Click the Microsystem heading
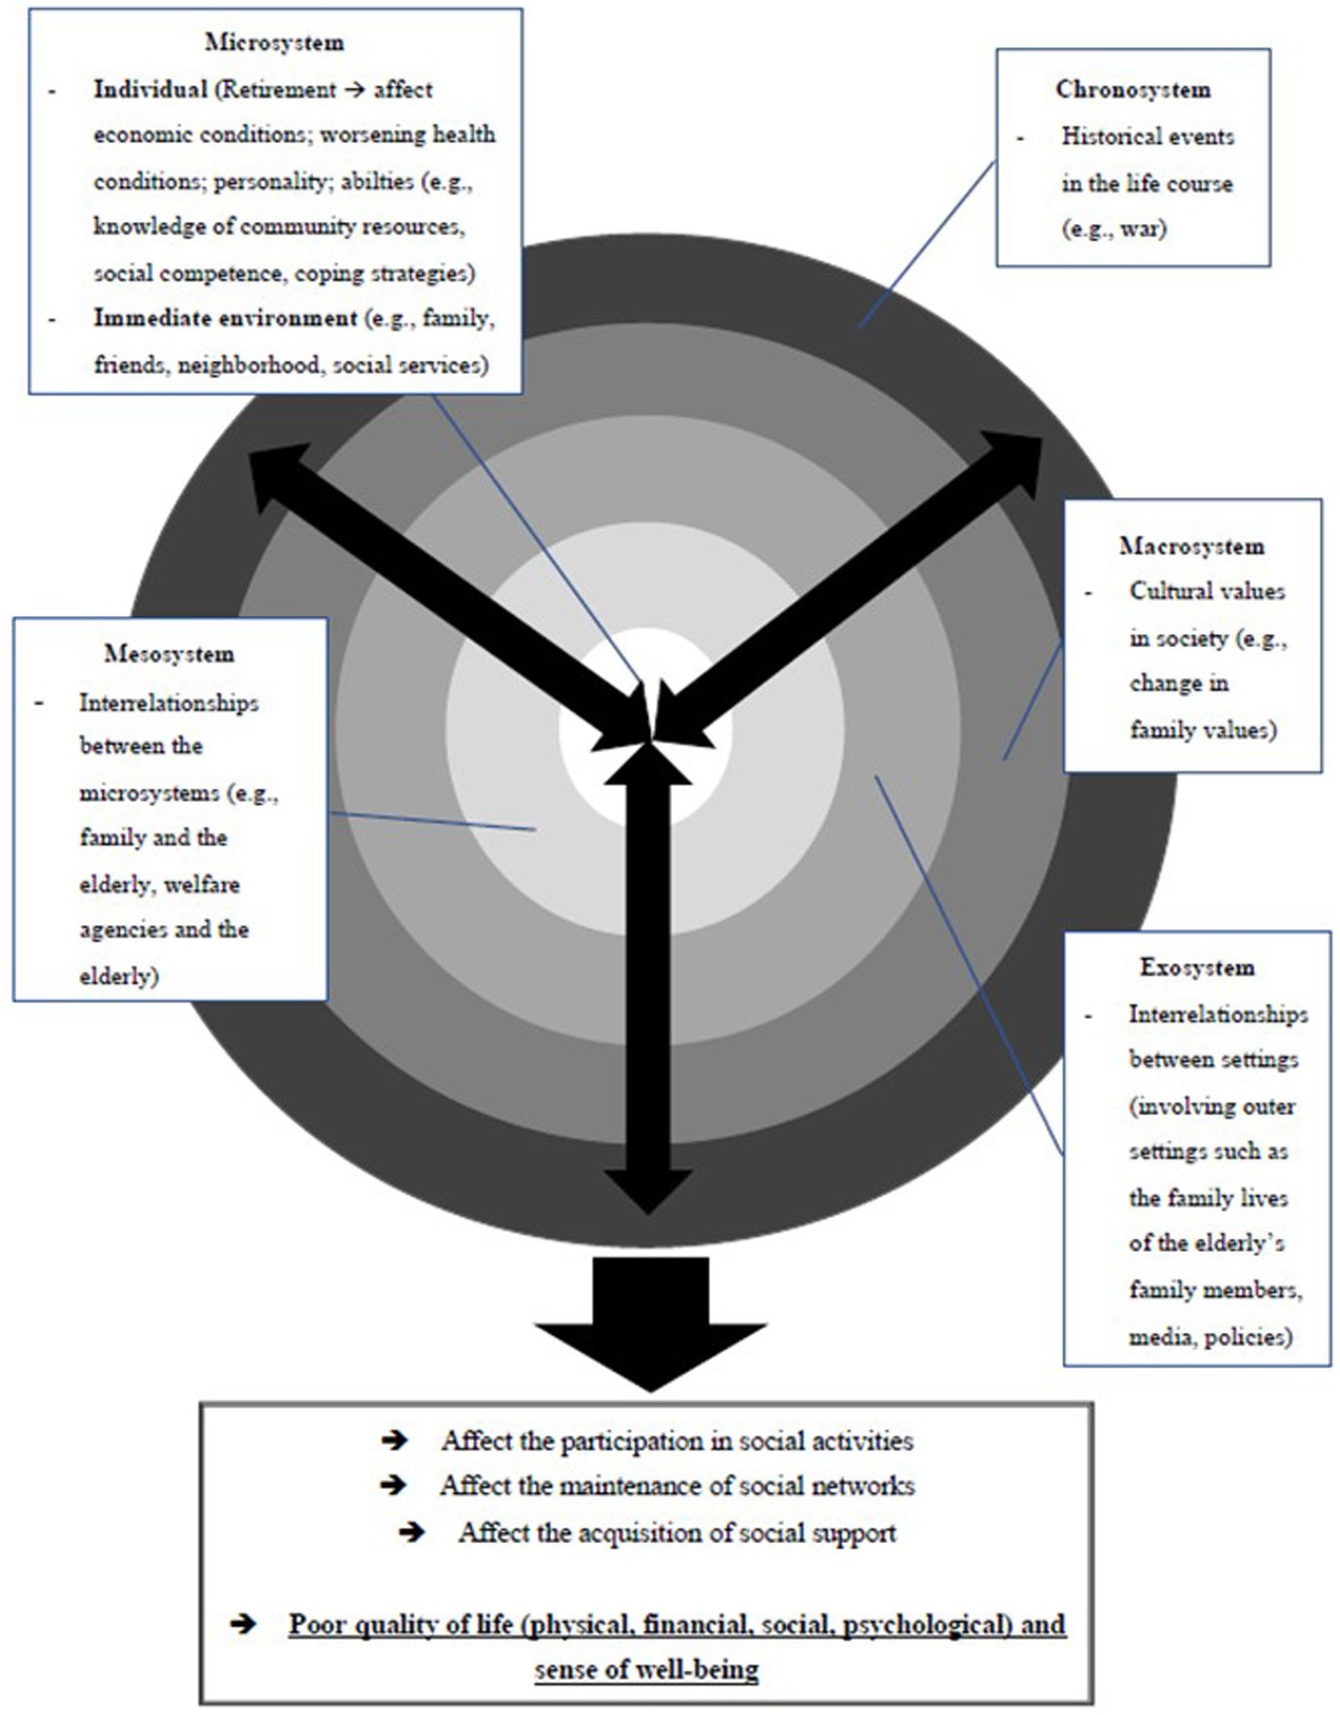click(x=274, y=43)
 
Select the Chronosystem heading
click(x=1132, y=90)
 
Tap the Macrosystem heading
click(x=1191, y=546)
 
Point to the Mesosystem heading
click(x=169, y=654)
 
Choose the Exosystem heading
click(x=1197, y=968)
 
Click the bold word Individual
click(x=150, y=90)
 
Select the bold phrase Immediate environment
click(x=225, y=318)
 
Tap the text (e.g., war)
click(x=1114, y=229)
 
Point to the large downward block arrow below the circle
click(x=650, y=1323)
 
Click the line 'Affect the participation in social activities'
click(x=677, y=1441)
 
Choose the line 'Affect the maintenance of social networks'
click(x=677, y=1486)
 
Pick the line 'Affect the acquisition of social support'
click(x=677, y=1533)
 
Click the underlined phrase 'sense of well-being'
click(x=646, y=1670)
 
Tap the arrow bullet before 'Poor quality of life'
click(x=243, y=1624)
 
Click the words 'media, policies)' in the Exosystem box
click(x=1210, y=1337)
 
